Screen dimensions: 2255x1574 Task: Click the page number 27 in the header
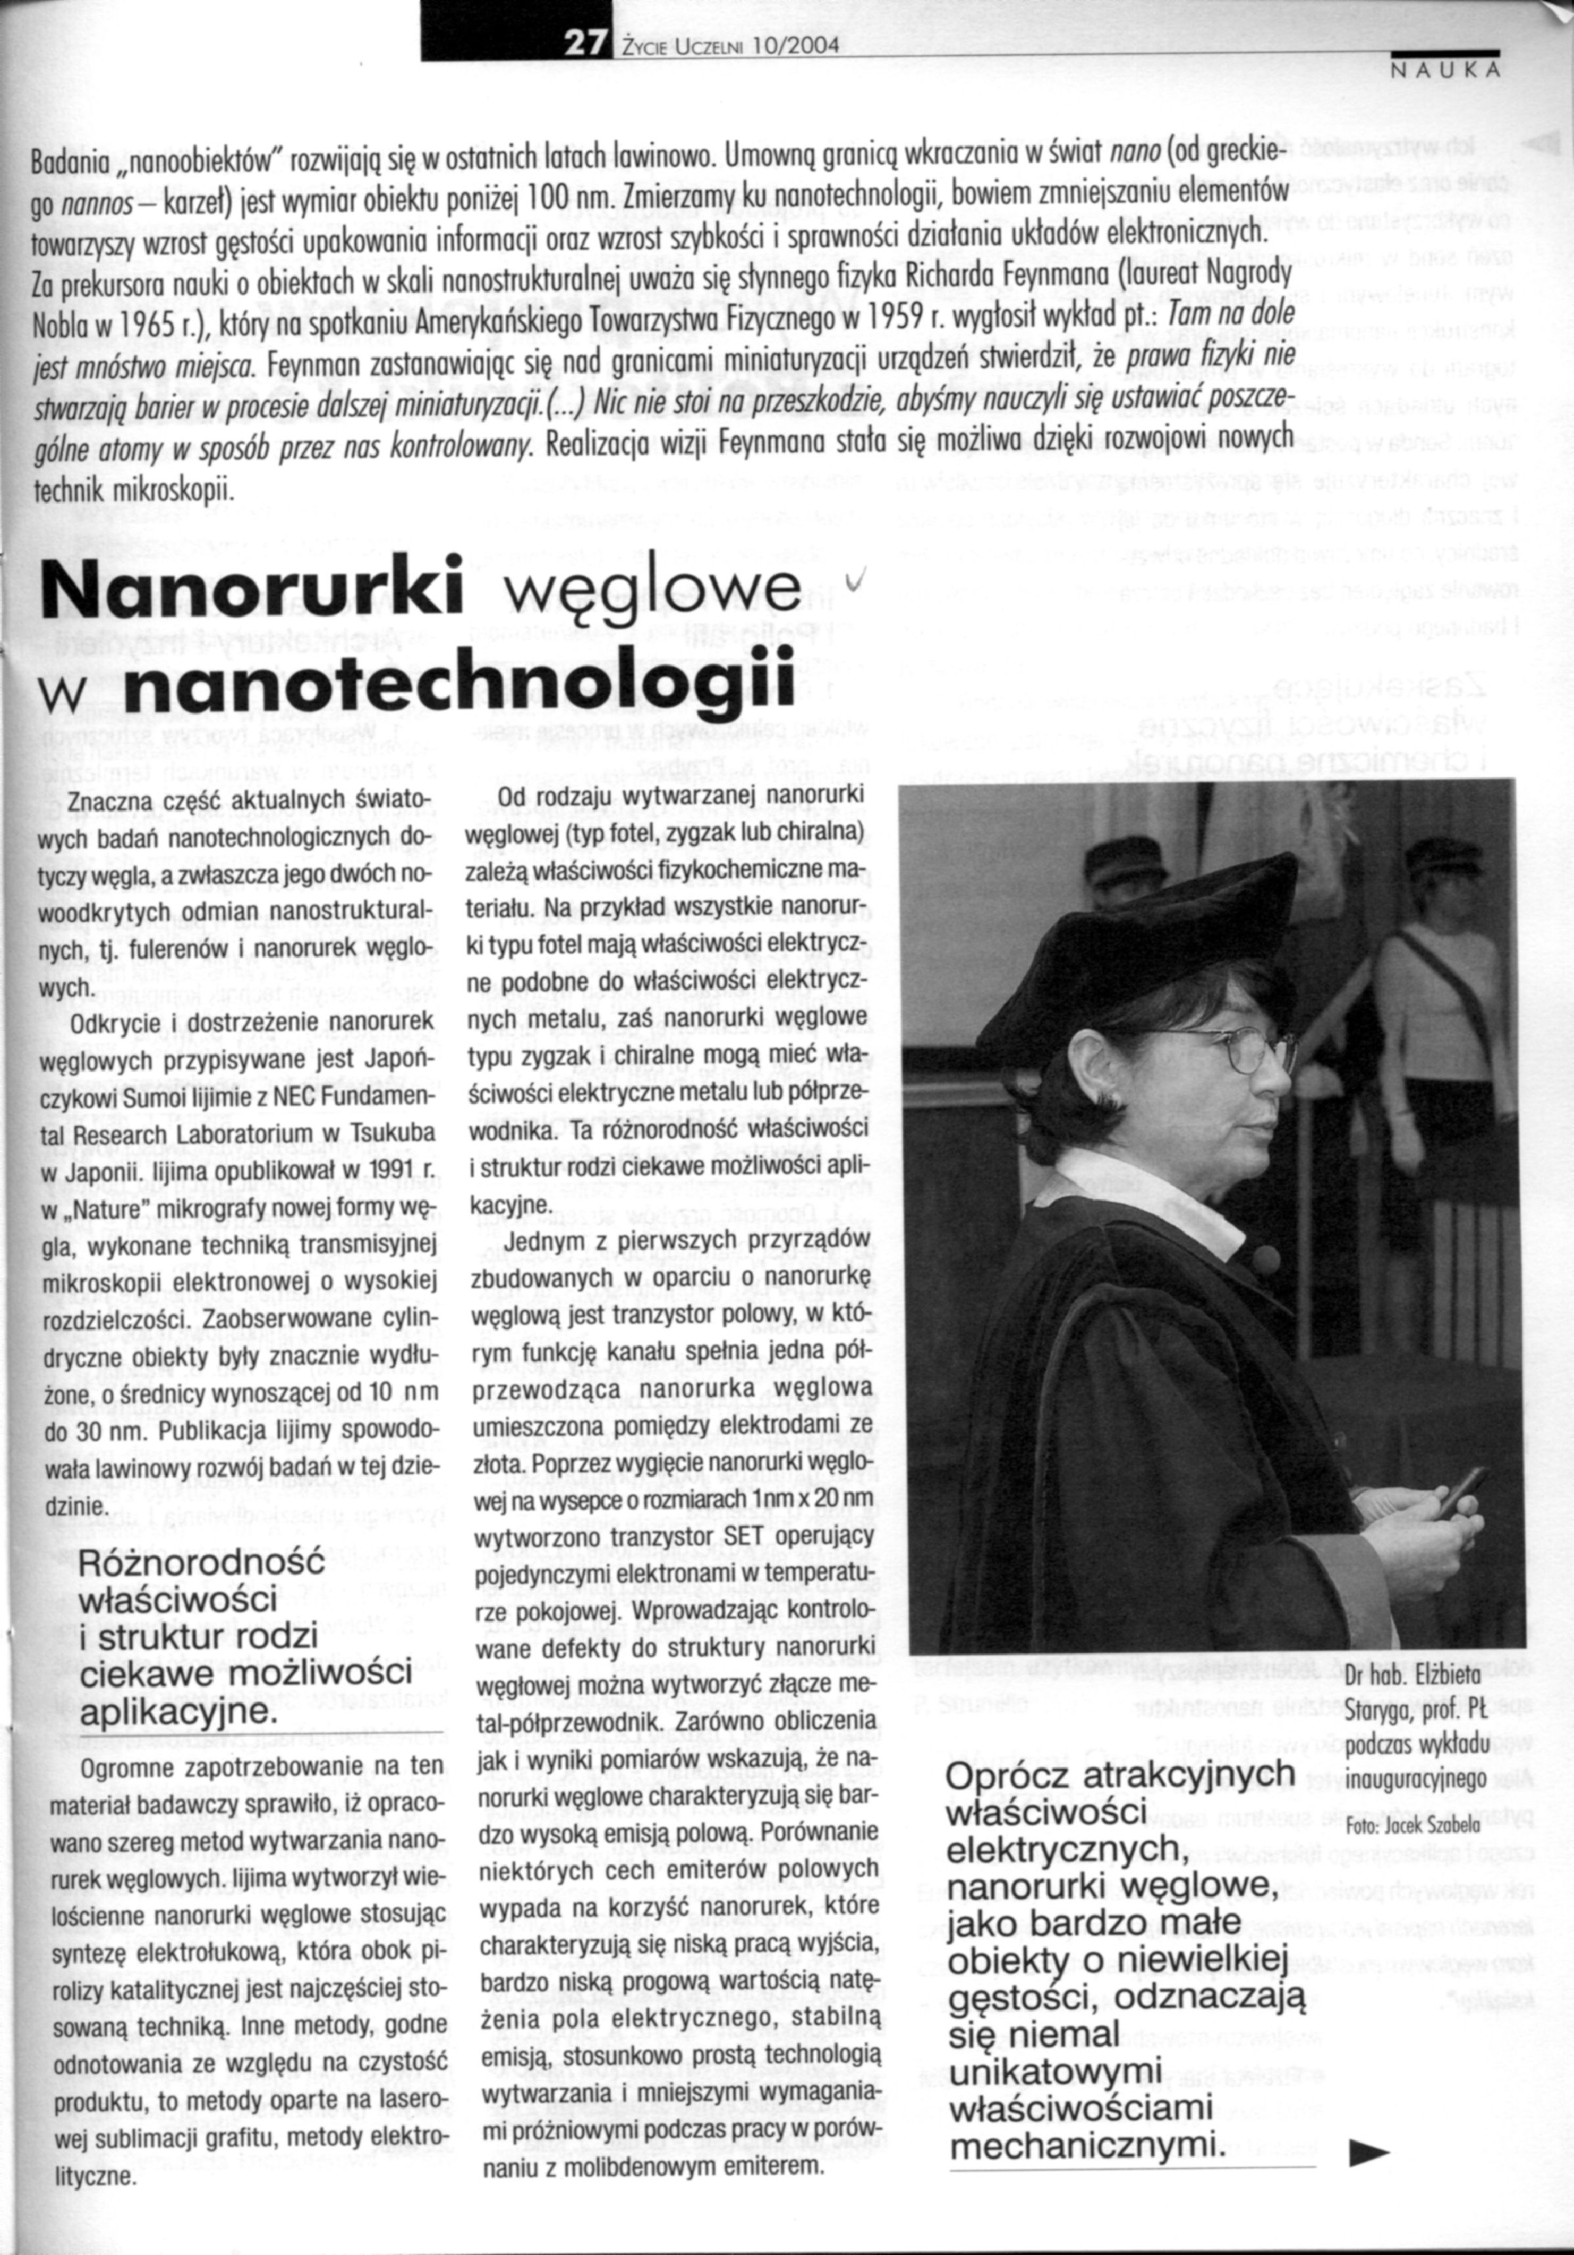(x=579, y=43)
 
